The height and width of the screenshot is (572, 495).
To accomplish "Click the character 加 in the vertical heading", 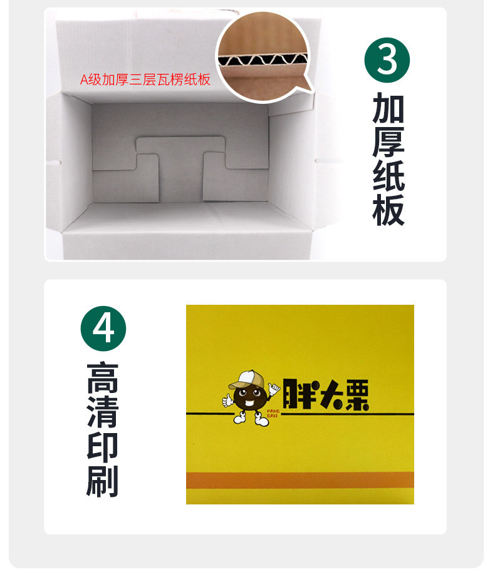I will coord(388,108).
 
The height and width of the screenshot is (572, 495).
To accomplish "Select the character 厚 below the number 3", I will coord(388,143).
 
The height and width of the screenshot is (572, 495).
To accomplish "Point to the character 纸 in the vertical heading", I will coord(388,177).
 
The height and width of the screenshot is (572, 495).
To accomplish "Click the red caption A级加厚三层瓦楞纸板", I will coord(145,81).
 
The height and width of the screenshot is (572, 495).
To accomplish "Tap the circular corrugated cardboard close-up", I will coord(264,58).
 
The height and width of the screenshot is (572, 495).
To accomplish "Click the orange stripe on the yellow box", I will coord(300,480).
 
